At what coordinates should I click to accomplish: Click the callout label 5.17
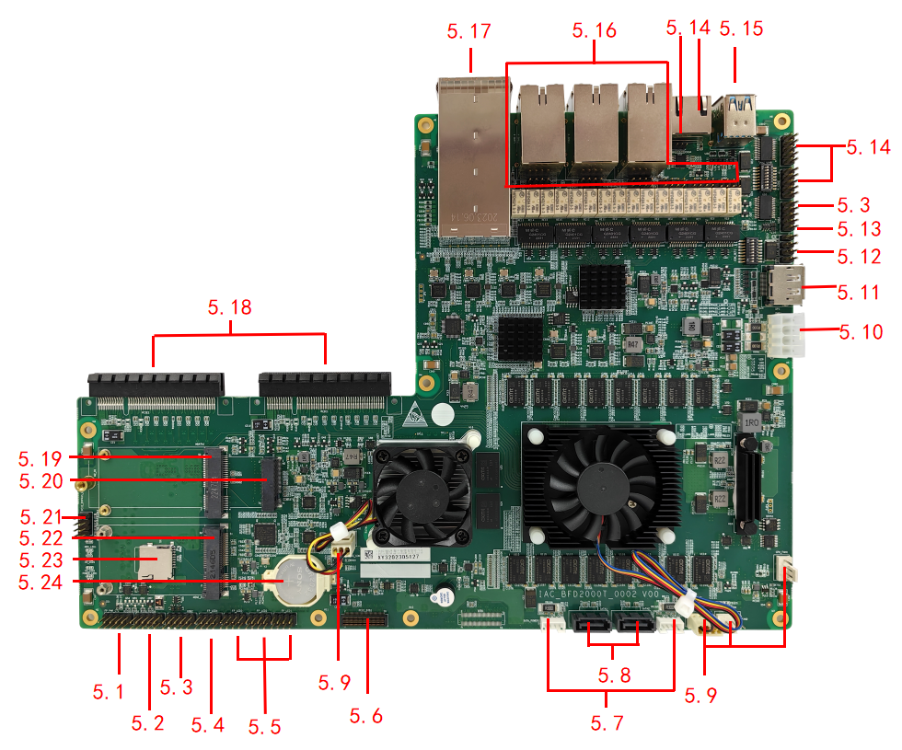tap(468, 31)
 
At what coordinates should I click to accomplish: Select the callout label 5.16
tap(594, 30)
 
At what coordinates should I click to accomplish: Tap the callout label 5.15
tap(741, 29)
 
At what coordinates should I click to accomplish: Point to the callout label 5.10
tap(861, 331)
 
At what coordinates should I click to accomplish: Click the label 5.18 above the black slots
tap(229, 307)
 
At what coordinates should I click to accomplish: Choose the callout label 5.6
tap(366, 715)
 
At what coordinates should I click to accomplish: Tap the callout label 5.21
tap(39, 517)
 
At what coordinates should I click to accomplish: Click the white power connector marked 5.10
tap(786, 336)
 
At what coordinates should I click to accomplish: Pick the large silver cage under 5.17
tap(473, 156)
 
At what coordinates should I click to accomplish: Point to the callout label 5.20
tap(39, 480)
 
